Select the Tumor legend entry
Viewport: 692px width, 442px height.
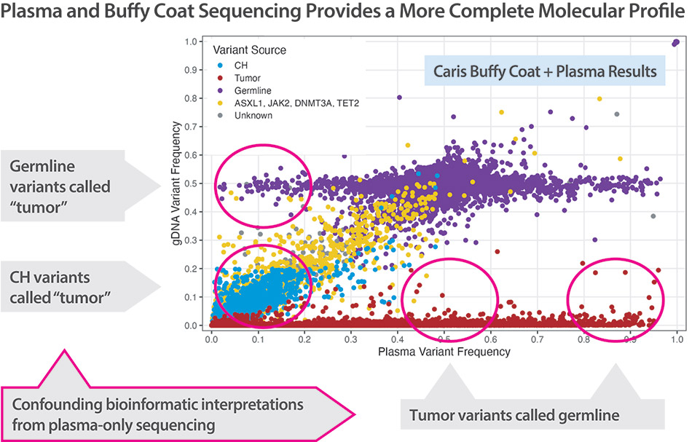[245, 77]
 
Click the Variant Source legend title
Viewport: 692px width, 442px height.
[249, 50]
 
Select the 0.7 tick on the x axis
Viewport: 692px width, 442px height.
[538, 339]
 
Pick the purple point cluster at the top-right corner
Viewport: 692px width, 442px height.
[676, 43]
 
